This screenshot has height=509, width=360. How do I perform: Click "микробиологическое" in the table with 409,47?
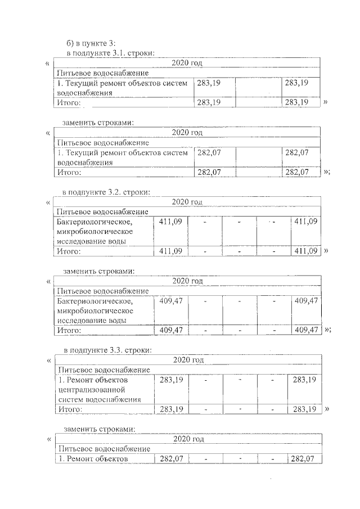coord(94,310)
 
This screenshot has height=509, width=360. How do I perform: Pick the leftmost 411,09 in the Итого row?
coord(170,251)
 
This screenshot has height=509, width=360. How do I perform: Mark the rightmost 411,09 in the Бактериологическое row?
coord(305,222)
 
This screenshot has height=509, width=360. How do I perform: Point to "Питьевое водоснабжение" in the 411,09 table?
coord(102,212)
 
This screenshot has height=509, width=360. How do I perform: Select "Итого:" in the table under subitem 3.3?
coord(71,409)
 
